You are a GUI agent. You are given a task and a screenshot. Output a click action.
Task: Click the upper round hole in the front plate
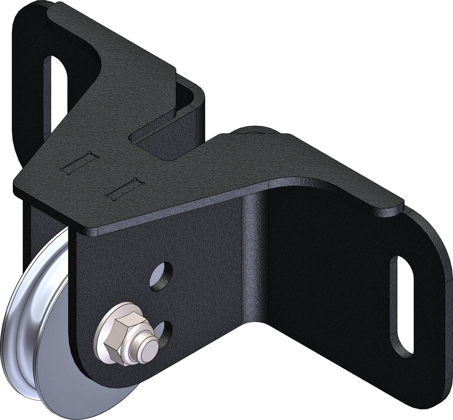[x=161, y=276]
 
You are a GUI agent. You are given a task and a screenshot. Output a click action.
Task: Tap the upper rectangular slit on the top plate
[x=79, y=163]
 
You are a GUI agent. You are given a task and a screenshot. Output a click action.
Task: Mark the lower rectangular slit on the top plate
[x=125, y=188]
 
